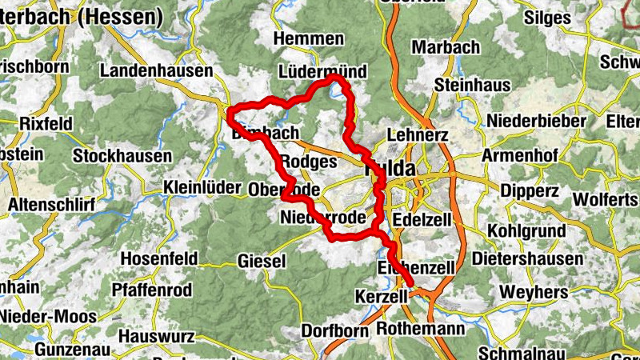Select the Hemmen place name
[308, 38]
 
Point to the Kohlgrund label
[526, 232]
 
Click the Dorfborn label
[335, 330]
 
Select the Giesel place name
[262, 261]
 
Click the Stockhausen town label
[122, 156]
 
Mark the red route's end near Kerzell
[410, 282]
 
